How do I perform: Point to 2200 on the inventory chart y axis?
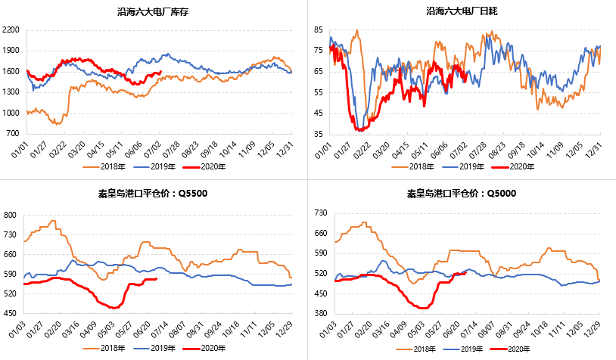point(11,30)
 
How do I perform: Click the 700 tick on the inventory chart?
point(14,134)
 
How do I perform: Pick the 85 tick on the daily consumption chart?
point(318,29)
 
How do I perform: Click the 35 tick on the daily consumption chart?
point(318,134)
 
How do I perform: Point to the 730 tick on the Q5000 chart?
point(318,216)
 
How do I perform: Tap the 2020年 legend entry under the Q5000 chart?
point(515,349)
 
